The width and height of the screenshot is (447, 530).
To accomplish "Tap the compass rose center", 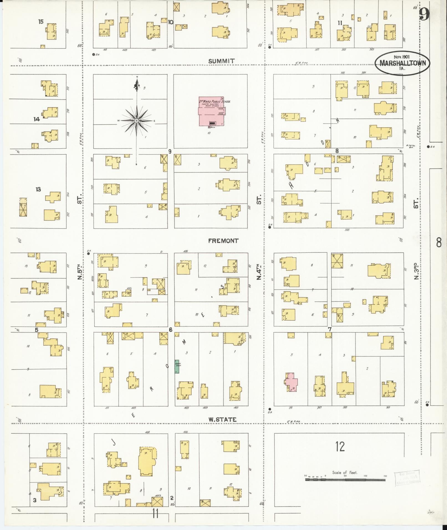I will pyautogui.click(x=136, y=121).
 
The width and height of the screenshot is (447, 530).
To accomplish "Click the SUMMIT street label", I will pyautogui.click(x=221, y=61).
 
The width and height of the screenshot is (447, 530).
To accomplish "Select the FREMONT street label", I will pyautogui.click(x=223, y=241).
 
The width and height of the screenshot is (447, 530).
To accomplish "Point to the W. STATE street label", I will pyautogui.click(x=223, y=419).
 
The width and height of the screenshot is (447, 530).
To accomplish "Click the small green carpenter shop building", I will pyautogui.click(x=177, y=367).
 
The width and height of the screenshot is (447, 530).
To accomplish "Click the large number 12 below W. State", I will pyautogui.click(x=340, y=447).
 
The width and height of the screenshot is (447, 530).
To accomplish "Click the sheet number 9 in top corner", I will pyautogui.click(x=424, y=14).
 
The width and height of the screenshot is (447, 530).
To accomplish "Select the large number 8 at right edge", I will pyautogui.click(x=439, y=242).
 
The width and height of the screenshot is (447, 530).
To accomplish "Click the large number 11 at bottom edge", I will pyautogui.click(x=155, y=514).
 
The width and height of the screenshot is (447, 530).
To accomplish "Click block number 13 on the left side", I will pyautogui.click(x=38, y=189).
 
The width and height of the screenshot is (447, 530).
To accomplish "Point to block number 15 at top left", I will pyautogui.click(x=41, y=22).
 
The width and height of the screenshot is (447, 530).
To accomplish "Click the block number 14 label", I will pyautogui.click(x=37, y=119).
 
